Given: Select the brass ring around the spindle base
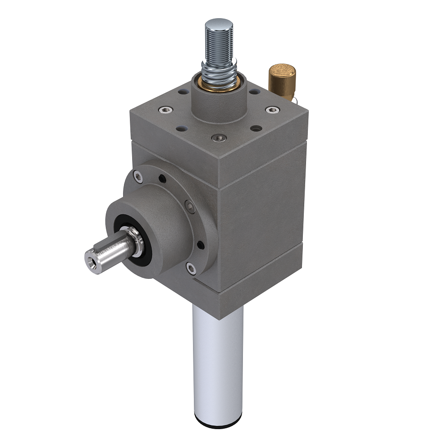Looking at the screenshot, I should (219, 86).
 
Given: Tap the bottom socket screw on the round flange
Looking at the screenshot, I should (191, 269).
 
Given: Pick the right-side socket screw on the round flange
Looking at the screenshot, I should (190, 207).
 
